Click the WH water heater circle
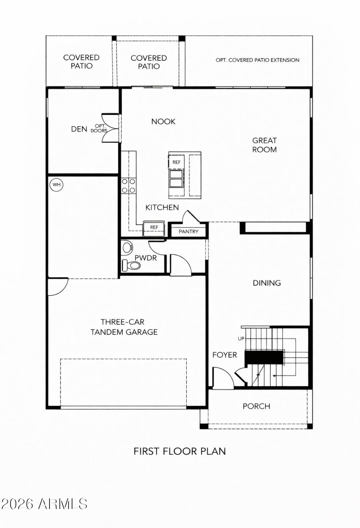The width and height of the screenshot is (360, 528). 57,185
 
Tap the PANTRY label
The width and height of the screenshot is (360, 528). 188,232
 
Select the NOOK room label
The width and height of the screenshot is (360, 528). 163,122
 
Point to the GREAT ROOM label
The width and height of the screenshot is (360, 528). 264,145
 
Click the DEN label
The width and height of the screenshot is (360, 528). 79,129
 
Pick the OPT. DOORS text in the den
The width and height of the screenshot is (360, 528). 99,129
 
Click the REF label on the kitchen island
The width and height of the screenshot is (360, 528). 176,162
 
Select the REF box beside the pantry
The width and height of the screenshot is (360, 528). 154,228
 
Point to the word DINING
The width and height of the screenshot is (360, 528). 267,283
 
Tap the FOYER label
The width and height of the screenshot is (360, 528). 225,355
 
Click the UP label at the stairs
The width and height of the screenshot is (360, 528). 241,339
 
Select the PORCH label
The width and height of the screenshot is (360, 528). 256,406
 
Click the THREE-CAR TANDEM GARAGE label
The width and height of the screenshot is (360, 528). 124,327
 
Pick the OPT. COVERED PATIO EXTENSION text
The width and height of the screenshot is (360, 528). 257,60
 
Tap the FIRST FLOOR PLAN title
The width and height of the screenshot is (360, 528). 180,451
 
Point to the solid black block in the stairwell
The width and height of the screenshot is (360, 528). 264,357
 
